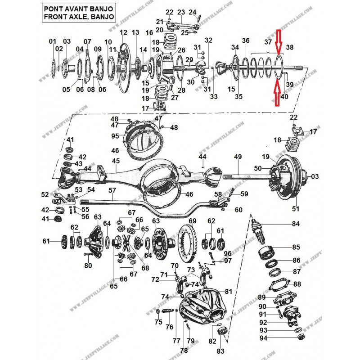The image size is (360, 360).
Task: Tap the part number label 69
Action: (193, 221)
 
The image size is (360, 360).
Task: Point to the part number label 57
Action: (112, 191)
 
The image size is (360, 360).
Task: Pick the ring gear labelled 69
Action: (189, 246)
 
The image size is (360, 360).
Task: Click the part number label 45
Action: (116, 161)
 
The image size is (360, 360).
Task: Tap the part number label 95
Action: (115, 135)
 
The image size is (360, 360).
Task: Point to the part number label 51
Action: (296, 209)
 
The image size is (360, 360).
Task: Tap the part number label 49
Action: (238, 157)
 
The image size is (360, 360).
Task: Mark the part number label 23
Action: (181, 12)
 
